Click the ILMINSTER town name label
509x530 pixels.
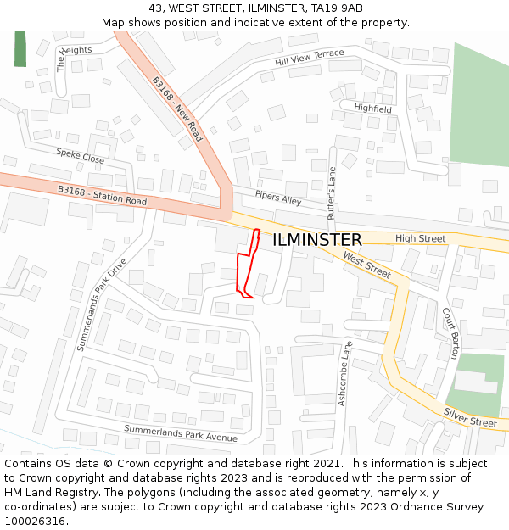[x=317, y=240]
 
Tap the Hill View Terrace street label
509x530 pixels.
[x=310, y=59]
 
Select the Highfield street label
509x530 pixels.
[x=372, y=109]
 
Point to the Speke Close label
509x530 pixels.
[x=81, y=155]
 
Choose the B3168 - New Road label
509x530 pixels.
[x=178, y=109]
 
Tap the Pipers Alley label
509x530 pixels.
[x=277, y=198]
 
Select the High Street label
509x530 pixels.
[x=420, y=238]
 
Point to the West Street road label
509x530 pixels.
[x=366, y=264]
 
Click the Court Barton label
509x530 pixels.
[x=450, y=332]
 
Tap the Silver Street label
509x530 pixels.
[x=470, y=417]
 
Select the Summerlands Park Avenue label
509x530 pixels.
[x=181, y=432]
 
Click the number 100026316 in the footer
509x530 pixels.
[x=34, y=522]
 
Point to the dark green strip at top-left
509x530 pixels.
[x=20, y=48]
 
